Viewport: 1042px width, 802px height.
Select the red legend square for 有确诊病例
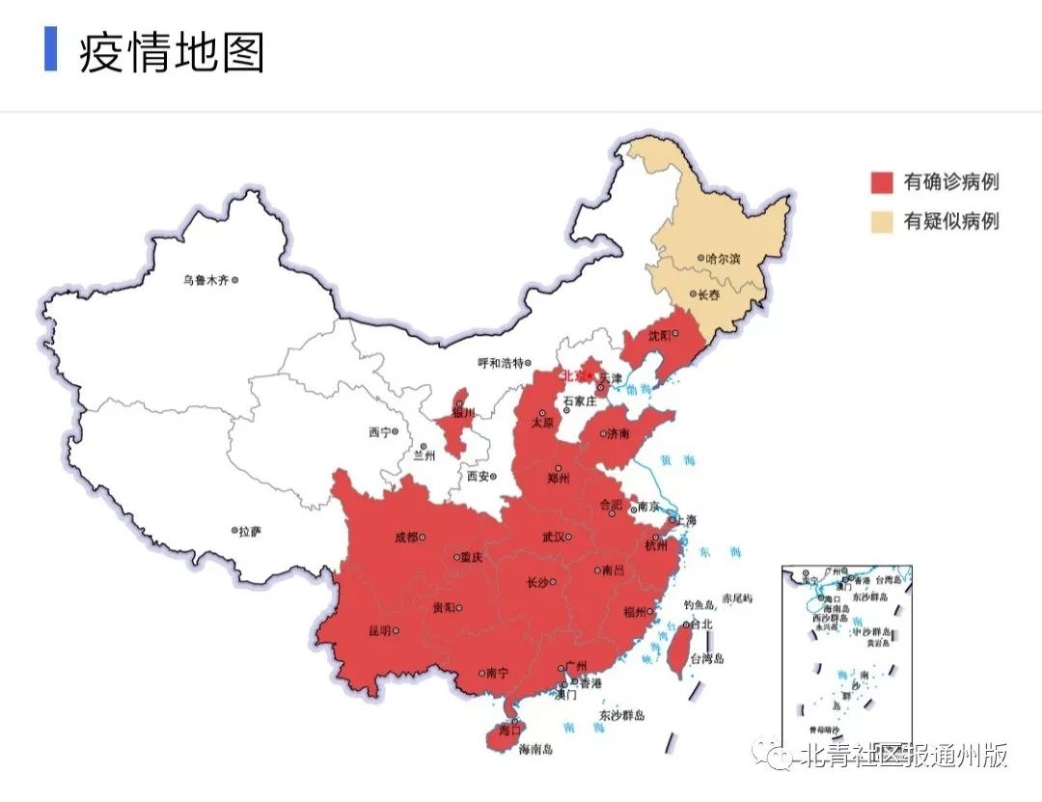coord(883,181)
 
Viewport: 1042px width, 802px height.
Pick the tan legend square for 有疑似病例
coord(883,221)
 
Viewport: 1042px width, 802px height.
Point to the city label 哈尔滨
coord(723,259)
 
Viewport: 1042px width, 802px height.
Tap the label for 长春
coord(710,293)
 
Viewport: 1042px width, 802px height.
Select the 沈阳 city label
coord(659,335)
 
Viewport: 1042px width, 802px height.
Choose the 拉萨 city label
coord(250,531)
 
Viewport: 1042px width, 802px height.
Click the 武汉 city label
coord(553,537)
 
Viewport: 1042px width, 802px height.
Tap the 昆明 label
coord(379,630)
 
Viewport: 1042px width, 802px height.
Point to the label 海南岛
coord(535,748)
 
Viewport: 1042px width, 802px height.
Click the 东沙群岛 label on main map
coord(621,715)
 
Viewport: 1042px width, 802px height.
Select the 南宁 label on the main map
coord(497,674)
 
